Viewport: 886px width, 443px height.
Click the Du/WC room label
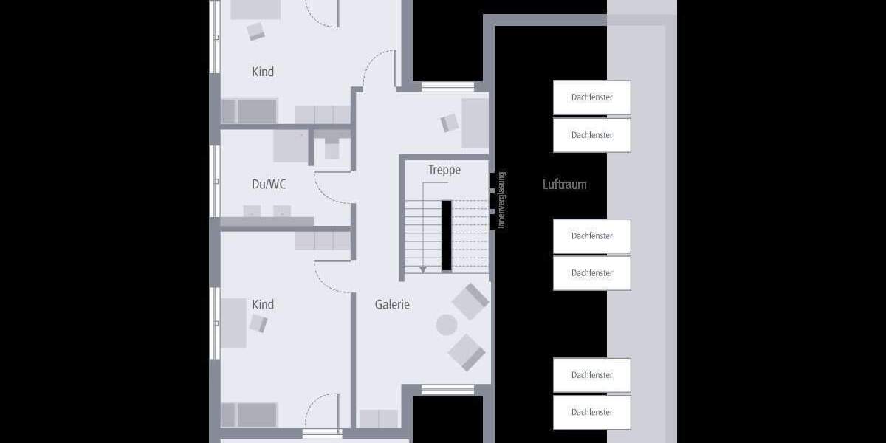[x=269, y=185]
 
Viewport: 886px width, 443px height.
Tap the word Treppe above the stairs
[x=444, y=171]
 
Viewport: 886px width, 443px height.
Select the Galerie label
[x=392, y=304]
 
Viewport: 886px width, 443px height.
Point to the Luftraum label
[x=564, y=185]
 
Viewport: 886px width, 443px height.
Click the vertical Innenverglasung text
[x=501, y=200]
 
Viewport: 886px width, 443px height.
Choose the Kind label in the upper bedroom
[x=263, y=72]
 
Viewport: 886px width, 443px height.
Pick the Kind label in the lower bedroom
[x=263, y=304]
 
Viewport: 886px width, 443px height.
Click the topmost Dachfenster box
[x=591, y=97]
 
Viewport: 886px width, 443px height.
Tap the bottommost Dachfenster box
[x=591, y=412]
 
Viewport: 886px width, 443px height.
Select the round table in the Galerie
[x=447, y=325]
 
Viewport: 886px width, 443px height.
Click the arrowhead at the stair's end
[x=423, y=269]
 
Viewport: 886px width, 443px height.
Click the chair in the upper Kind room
[x=256, y=31]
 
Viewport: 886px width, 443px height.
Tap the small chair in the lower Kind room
[x=258, y=323]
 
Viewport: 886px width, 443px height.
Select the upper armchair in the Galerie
[x=470, y=301]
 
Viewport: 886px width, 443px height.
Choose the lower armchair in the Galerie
[x=467, y=351]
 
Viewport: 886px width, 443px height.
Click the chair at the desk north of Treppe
[x=450, y=123]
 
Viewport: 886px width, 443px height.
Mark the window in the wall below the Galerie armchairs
[x=447, y=389]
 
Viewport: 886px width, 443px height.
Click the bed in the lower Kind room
[x=250, y=415]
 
